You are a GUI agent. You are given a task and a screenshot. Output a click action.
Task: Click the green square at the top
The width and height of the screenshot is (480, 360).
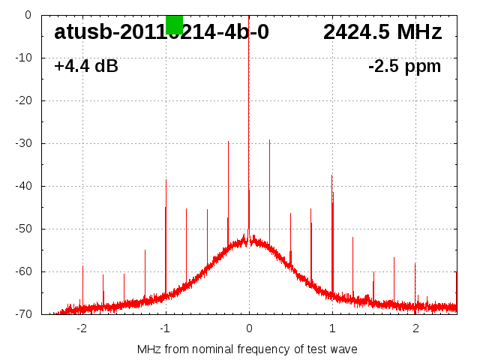click(x=174, y=24)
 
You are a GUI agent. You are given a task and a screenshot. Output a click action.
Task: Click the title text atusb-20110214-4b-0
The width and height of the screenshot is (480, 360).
click(x=161, y=32)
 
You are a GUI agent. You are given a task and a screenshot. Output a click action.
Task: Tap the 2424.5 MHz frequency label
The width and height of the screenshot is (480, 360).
click(x=382, y=32)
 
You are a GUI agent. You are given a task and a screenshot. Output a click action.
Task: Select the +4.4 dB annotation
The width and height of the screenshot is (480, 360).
click(x=86, y=67)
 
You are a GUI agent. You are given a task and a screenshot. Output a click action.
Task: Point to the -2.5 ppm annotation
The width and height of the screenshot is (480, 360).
click(x=404, y=67)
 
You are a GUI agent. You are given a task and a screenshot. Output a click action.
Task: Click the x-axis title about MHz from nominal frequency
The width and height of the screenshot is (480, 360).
click(x=247, y=349)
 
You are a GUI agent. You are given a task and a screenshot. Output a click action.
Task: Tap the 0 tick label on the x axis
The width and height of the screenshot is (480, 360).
click(x=249, y=328)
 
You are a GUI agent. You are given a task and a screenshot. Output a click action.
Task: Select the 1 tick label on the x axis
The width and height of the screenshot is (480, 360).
click(x=332, y=328)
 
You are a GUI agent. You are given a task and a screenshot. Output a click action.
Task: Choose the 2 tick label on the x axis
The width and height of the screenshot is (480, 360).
click(x=415, y=328)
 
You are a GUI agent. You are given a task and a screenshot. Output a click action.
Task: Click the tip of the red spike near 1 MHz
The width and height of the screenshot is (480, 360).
click(x=331, y=175)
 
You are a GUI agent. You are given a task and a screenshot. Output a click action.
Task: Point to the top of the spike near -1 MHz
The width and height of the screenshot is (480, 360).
click(x=166, y=180)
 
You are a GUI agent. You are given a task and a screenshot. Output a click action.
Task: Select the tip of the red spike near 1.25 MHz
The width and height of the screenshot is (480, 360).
click(x=352, y=238)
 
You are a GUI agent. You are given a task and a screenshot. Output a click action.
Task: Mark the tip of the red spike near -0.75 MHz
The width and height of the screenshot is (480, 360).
click(x=186, y=208)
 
